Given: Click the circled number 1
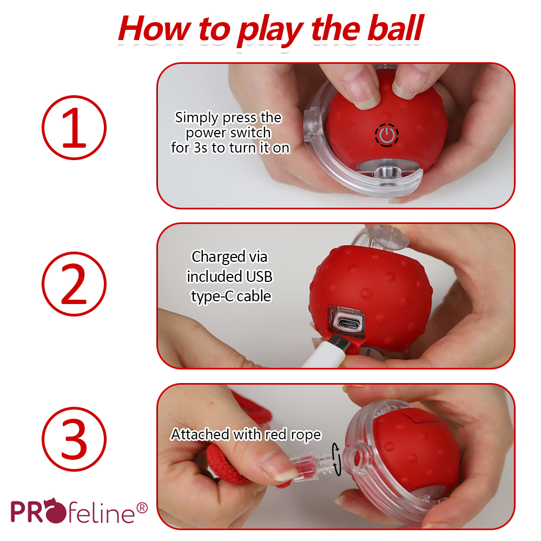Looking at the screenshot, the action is tap(74, 128).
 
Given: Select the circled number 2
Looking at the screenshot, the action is tap(74, 283).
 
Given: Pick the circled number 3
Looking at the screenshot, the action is tap(74, 439).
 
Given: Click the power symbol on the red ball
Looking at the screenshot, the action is tap(387, 135).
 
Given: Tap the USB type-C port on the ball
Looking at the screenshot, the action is tap(349, 324).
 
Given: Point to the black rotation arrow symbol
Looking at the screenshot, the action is tap(336, 459).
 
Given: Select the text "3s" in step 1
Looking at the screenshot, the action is tap(201, 148).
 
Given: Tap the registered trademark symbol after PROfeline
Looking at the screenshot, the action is tap(142, 508).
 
